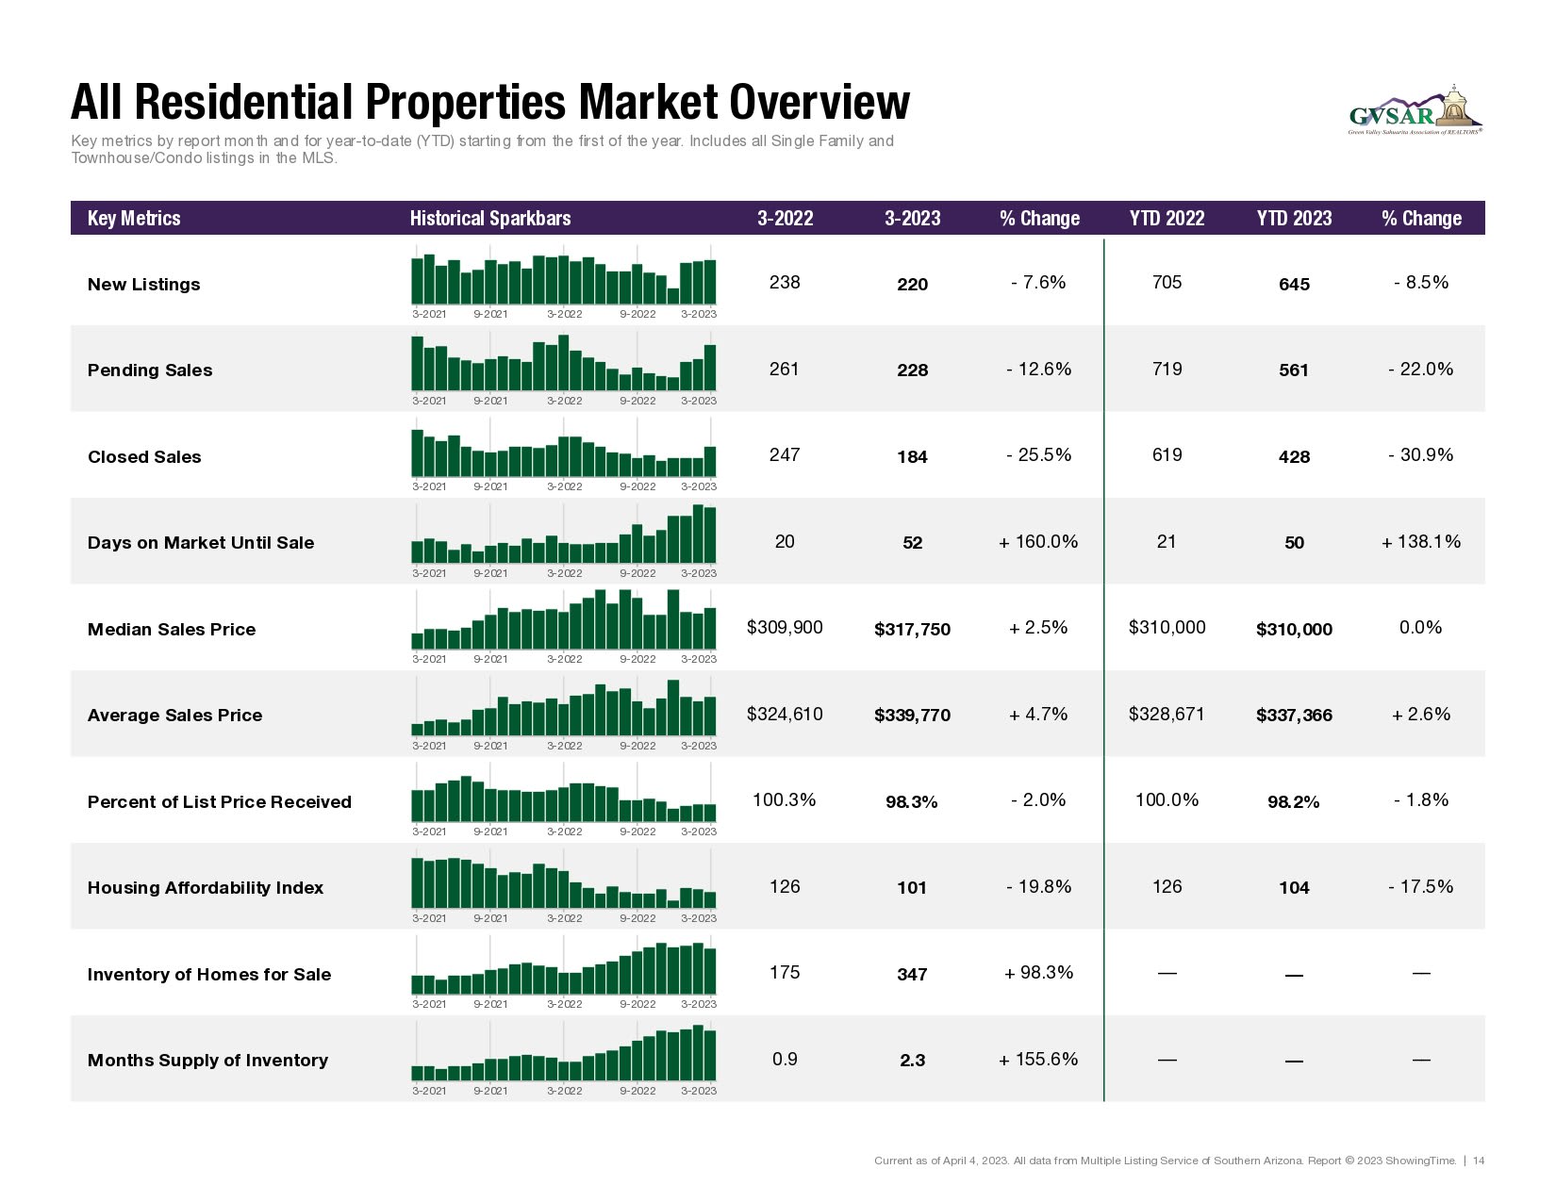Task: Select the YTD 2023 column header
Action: [1294, 219]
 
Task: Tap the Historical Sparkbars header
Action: [490, 219]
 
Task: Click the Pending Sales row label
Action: [150, 370]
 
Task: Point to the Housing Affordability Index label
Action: [206, 888]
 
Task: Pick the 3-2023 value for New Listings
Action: [912, 285]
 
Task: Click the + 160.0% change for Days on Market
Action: [1038, 542]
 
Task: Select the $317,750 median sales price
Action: [912, 630]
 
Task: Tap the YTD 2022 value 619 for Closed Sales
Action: [1167, 455]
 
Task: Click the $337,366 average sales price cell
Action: [1294, 716]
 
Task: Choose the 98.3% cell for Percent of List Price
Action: [912, 802]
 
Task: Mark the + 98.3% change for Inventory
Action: [1038, 973]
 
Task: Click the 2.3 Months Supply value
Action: [912, 1061]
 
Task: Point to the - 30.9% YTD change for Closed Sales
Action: [1420, 455]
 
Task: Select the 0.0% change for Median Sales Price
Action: [1420, 628]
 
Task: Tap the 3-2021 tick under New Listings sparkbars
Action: [429, 315]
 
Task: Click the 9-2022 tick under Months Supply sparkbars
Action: [637, 1091]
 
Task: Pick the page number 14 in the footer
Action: [1479, 1161]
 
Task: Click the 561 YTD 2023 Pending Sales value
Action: [1294, 370]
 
